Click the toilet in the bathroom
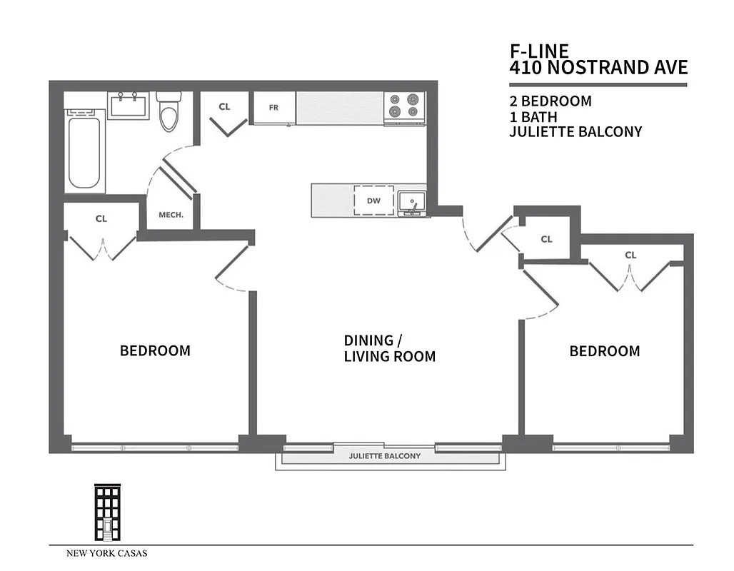tap(169, 113)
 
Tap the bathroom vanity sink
tap(129, 106)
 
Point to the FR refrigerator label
tap(273, 108)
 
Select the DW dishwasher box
tap(373, 201)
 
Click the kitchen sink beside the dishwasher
tap(411, 202)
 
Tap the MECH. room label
tap(171, 215)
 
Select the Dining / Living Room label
tap(389, 348)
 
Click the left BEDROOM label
tap(155, 350)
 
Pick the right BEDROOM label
tap(604, 351)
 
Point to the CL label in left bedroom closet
tap(101, 219)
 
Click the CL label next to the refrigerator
tap(224, 107)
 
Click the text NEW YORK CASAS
tap(107, 553)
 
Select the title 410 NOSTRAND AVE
tap(598, 68)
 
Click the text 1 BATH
tap(533, 116)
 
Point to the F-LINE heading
tap(539, 51)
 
